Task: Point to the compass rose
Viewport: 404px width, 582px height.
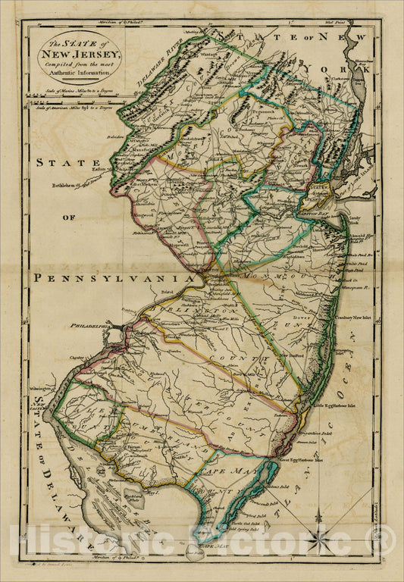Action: point(318,540)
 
